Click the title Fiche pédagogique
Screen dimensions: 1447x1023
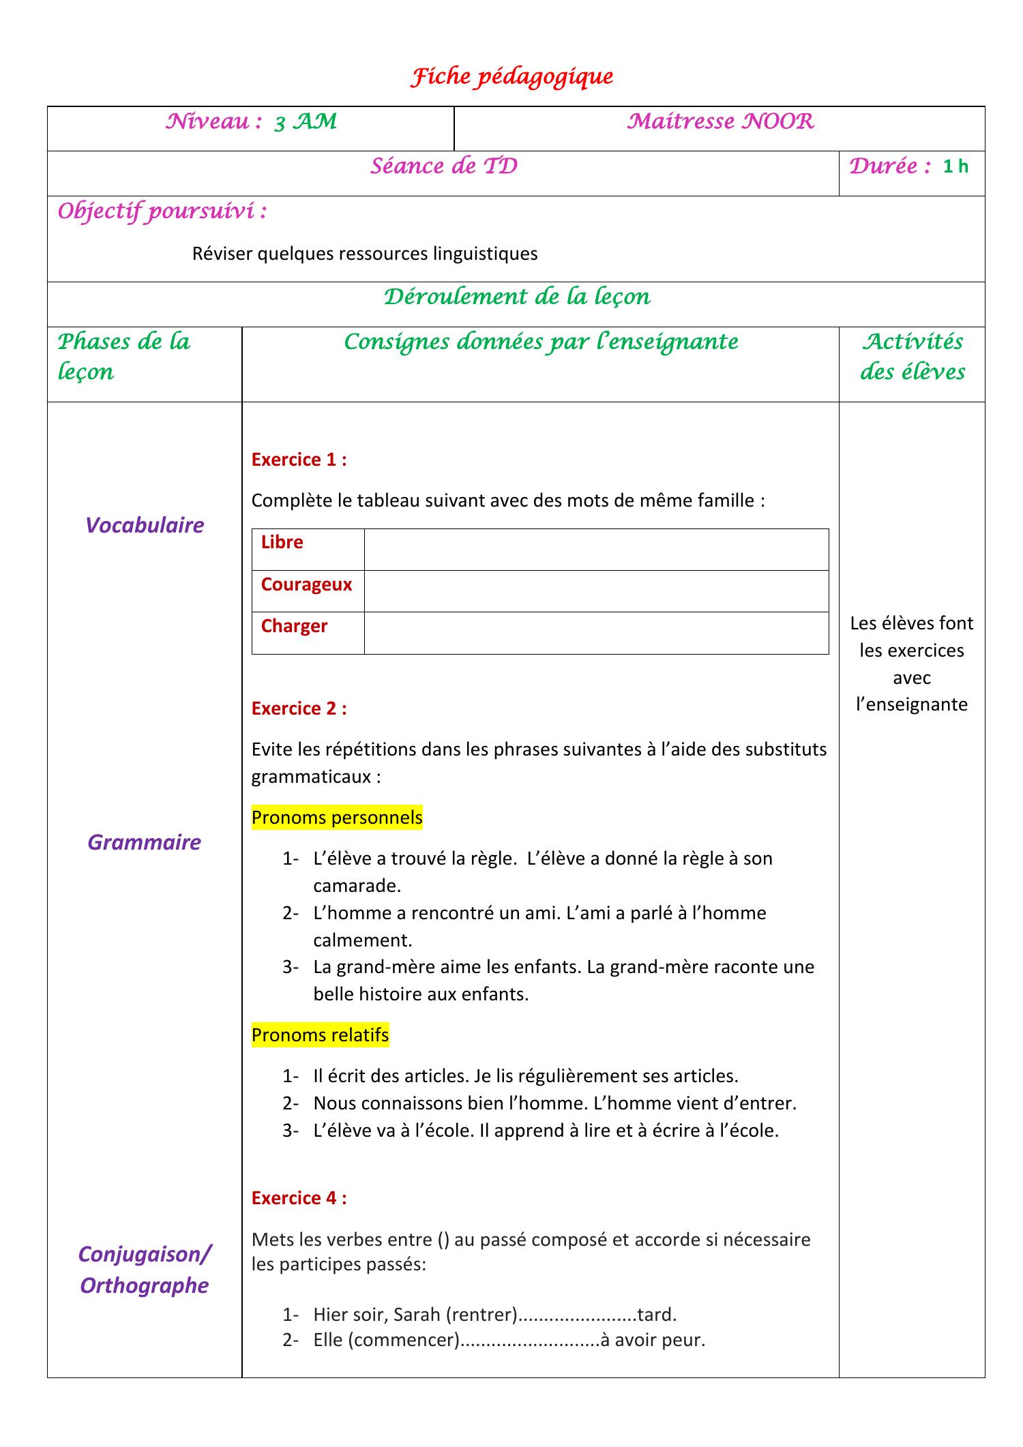click(x=512, y=77)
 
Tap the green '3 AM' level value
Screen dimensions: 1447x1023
click(x=305, y=122)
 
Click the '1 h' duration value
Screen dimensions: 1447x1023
click(x=955, y=166)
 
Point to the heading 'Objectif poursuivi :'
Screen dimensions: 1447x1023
click(x=162, y=211)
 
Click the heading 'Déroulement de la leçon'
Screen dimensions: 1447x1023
click(x=516, y=297)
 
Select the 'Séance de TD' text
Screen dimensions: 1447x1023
click(x=443, y=166)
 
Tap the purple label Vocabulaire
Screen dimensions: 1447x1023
click(x=145, y=525)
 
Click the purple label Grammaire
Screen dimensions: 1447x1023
click(x=145, y=842)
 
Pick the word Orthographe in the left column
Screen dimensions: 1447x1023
click(x=145, y=1285)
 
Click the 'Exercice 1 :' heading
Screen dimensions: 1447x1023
click(x=299, y=460)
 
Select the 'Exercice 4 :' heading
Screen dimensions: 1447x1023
click(x=299, y=1197)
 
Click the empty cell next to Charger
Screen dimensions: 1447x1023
click(x=596, y=633)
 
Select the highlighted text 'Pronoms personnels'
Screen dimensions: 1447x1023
click(x=337, y=817)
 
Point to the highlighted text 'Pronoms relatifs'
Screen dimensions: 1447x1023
click(x=320, y=1034)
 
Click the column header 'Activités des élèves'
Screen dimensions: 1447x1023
click(x=912, y=357)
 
